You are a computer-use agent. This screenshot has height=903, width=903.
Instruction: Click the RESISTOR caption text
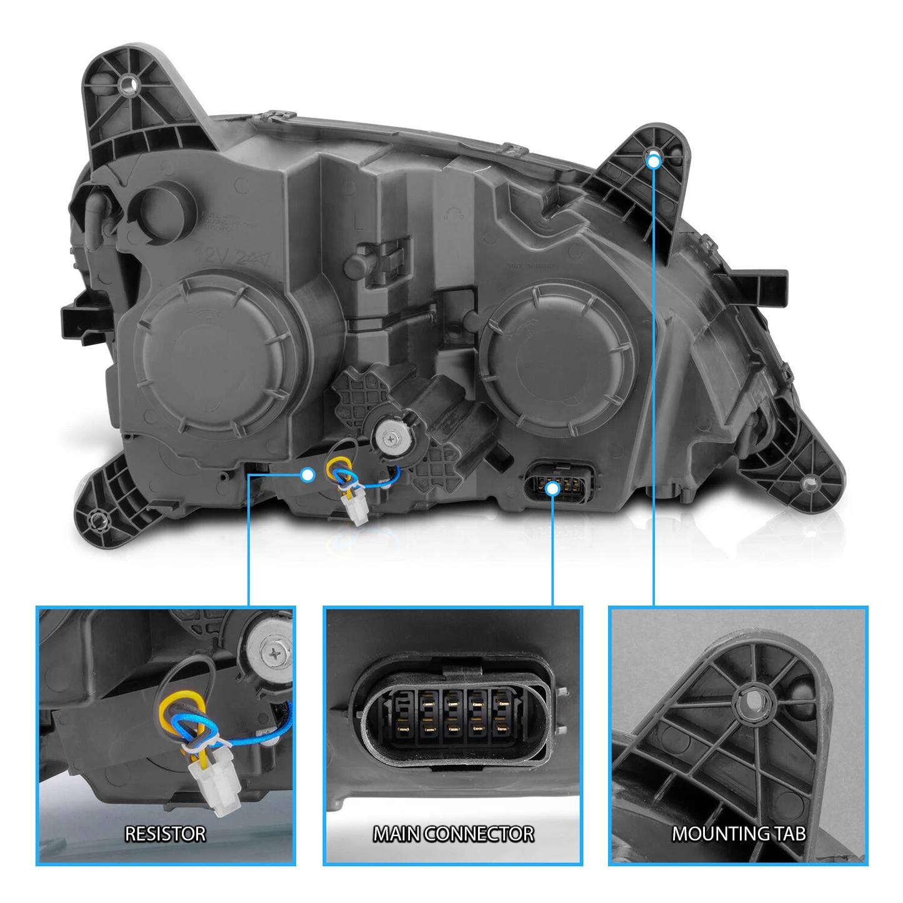165,834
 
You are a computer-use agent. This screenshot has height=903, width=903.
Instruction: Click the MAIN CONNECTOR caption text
454,834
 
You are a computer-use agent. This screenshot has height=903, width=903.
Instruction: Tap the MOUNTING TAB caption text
739,834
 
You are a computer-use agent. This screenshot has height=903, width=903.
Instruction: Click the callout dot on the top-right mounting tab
654,162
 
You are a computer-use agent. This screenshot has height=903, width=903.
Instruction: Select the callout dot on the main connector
552,488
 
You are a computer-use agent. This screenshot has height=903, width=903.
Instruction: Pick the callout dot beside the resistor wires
307,475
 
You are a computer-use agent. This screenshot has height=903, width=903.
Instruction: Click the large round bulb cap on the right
557,359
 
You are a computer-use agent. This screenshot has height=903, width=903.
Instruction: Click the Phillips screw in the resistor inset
276,655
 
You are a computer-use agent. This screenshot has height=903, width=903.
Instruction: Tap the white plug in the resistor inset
215,781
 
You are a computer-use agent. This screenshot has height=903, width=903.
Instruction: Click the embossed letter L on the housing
359,223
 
